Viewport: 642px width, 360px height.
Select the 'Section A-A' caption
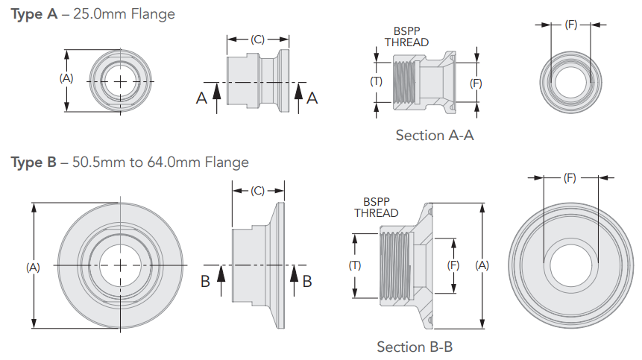[435, 135]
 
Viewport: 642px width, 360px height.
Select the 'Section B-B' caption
[415, 347]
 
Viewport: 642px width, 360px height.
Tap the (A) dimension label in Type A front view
[66, 78]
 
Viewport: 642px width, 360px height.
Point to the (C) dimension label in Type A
[257, 40]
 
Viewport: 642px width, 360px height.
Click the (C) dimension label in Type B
[257, 191]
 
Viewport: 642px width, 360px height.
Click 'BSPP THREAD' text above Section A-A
[406, 37]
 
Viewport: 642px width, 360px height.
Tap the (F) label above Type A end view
[570, 25]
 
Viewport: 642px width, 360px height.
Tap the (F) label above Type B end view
[570, 178]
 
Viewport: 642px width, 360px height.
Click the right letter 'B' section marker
[307, 280]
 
